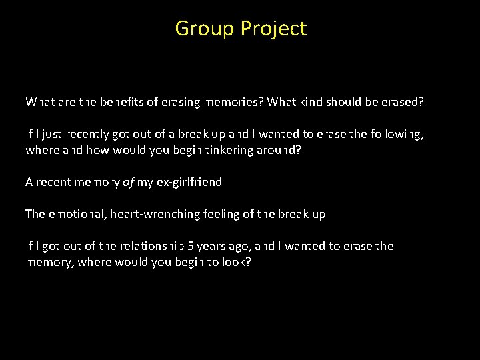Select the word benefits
click(x=119, y=102)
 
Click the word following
click(x=397, y=134)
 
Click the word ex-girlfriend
click(x=189, y=182)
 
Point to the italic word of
click(x=129, y=182)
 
